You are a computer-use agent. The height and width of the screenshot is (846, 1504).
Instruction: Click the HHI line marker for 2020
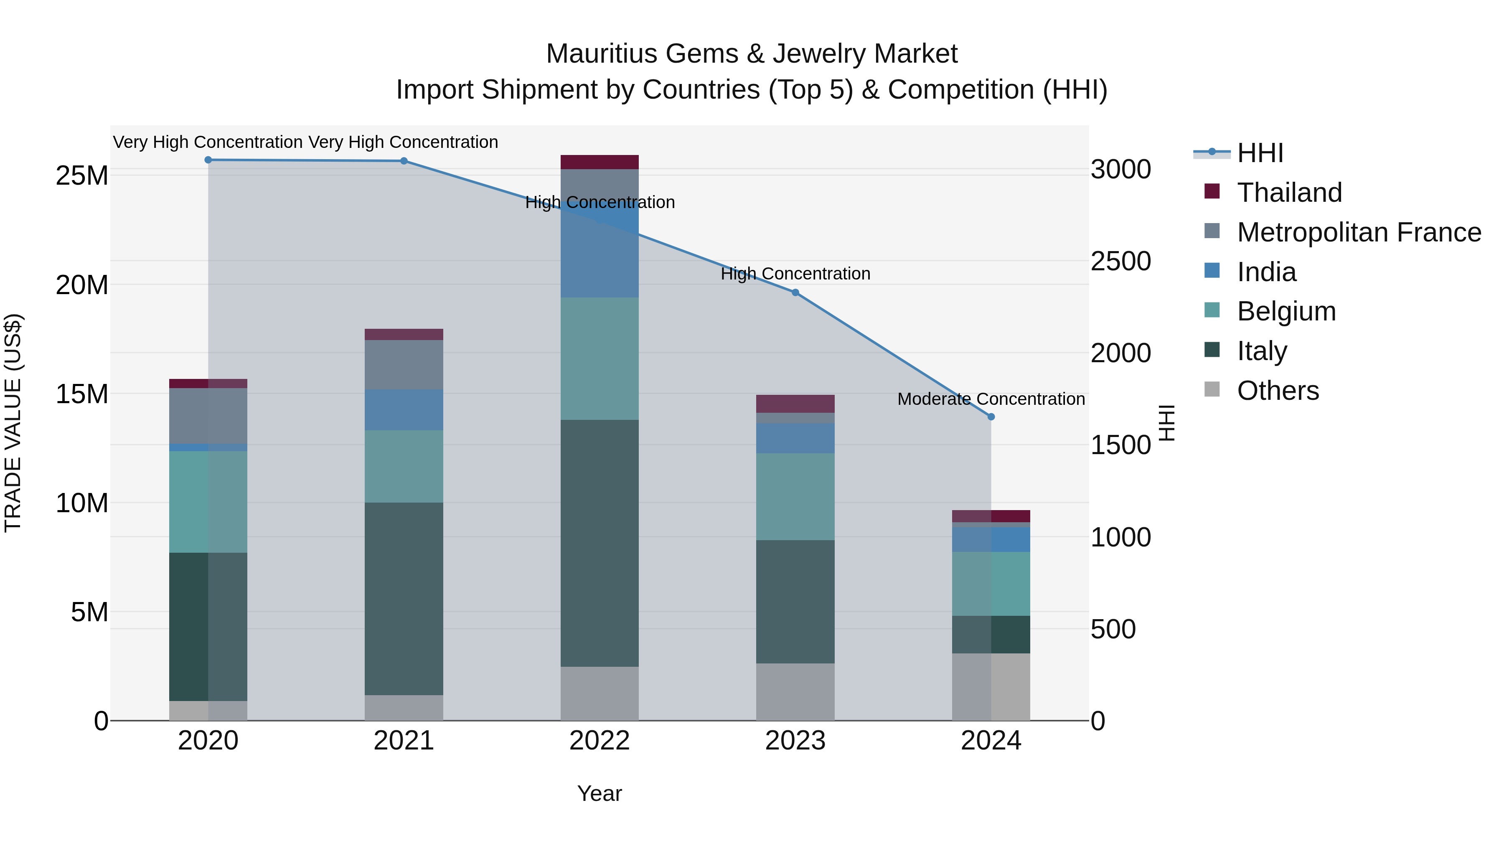(208, 160)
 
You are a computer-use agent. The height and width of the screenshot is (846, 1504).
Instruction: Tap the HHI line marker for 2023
(795, 292)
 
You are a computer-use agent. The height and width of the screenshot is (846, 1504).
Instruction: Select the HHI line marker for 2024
(991, 417)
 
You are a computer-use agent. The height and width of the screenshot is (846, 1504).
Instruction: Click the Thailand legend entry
(1289, 193)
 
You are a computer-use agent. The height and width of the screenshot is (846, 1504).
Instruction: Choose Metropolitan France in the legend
(1359, 232)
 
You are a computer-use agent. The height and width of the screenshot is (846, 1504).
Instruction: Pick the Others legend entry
(1278, 391)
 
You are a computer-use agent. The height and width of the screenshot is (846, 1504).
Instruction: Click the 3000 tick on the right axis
(1120, 170)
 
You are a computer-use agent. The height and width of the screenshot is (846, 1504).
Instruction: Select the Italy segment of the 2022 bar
(599, 543)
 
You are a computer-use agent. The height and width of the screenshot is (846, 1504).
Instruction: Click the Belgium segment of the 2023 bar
(795, 496)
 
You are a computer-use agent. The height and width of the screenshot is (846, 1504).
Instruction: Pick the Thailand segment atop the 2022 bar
(599, 162)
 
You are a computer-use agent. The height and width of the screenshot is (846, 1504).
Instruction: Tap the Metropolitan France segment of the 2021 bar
(404, 364)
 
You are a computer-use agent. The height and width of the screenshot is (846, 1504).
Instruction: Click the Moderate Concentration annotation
(991, 399)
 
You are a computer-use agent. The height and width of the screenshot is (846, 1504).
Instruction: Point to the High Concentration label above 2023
(795, 274)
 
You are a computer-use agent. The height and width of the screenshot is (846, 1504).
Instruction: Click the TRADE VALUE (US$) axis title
(13, 423)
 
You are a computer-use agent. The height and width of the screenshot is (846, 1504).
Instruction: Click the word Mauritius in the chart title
(601, 54)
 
